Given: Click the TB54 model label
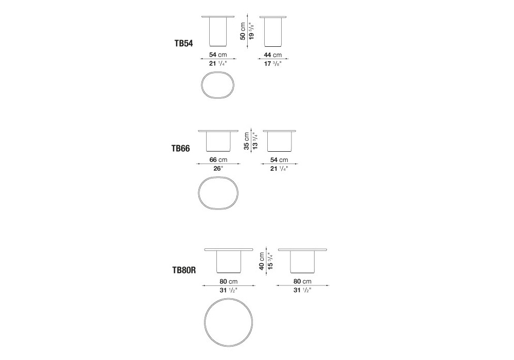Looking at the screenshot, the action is [x=183, y=43].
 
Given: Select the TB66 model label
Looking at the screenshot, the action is [x=180, y=149].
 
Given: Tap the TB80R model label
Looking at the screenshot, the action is [x=184, y=270].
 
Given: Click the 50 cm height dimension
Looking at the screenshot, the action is [x=243, y=31].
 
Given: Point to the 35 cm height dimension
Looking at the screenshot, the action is [x=247, y=141].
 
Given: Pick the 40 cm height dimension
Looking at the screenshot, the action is [x=262, y=261].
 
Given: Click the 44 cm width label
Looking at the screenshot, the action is [x=273, y=55].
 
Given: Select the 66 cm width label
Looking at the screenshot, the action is [x=218, y=159].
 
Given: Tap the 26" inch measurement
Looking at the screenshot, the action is [x=218, y=169].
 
